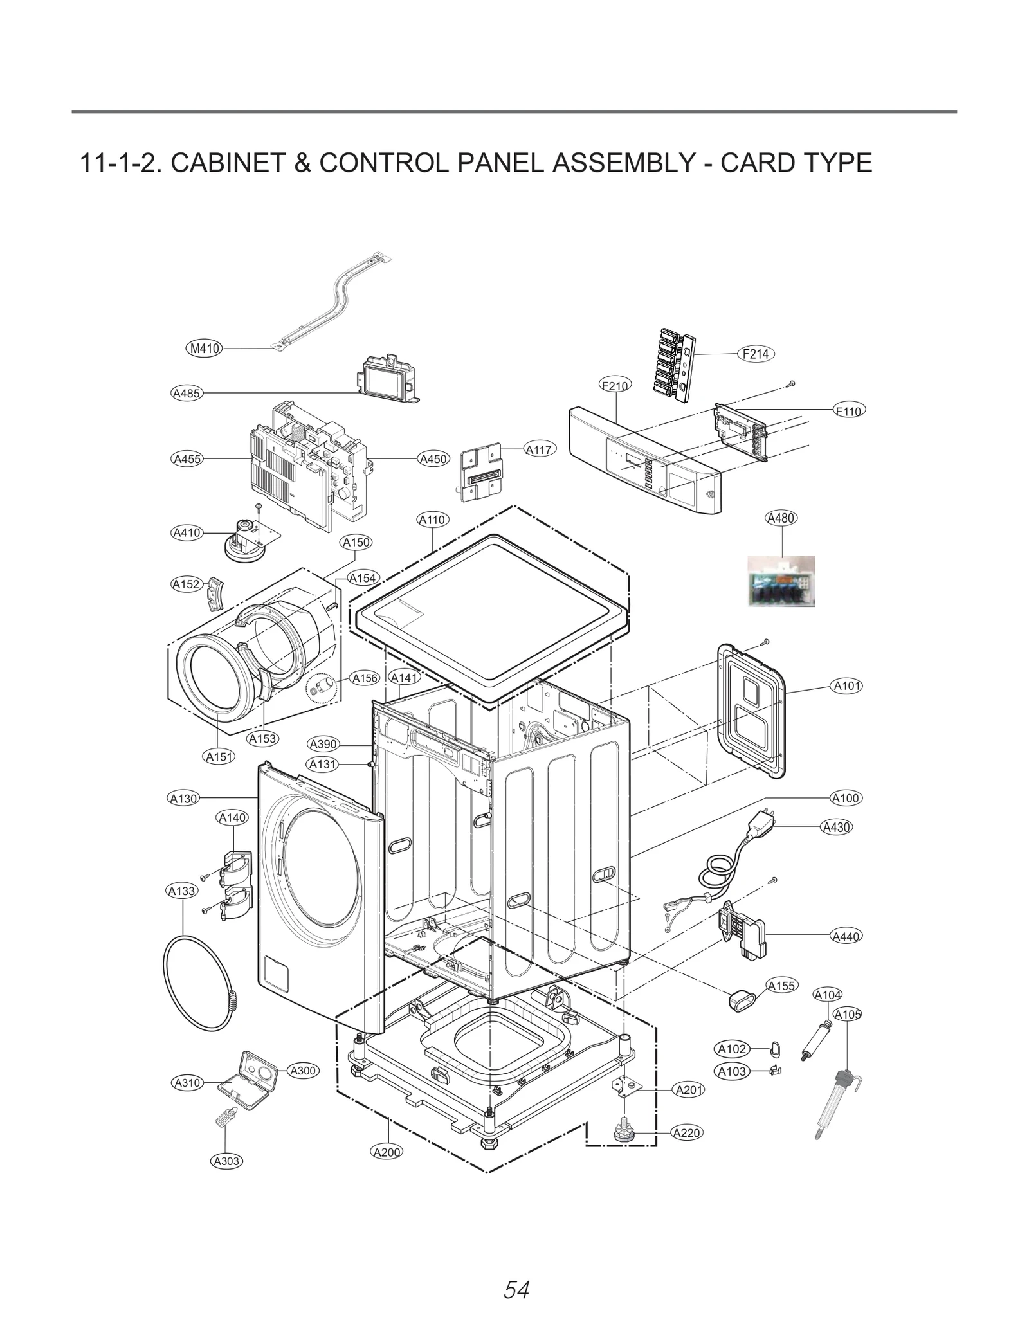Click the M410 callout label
click(x=204, y=349)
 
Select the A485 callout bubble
click(x=187, y=393)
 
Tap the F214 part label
click(x=756, y=354)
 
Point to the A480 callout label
click(x=781, y=518)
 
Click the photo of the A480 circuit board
click(x=781, y=581)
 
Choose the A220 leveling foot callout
click(x=686, y=1132)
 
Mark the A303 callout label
click(x=226, y=1161)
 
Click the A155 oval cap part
click(x=740, y=1000)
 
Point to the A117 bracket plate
click(x=481, y=471)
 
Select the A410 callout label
click(x=187, y=532)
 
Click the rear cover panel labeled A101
click(x=751, y=711)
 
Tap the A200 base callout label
click(x=387, y=1152)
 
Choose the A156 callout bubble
click(x=365, y=678)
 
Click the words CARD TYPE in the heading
click(x=796, y=163)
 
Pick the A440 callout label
click(x=846, y=936)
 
